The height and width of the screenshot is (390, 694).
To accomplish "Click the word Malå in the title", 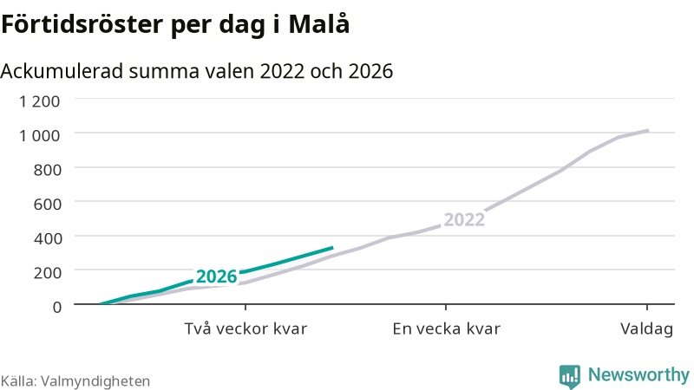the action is (x=318, y=23).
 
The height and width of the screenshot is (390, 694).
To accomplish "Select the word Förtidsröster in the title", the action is (x=82, y=24).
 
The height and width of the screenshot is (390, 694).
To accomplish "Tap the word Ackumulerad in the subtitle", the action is (x=62, y=71).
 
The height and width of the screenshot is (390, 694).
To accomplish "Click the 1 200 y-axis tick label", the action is (x=39, y=101).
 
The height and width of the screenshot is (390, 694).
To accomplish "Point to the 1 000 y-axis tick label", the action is (x=39, y=135).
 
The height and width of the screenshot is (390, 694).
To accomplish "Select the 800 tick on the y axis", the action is (x=48, y=169).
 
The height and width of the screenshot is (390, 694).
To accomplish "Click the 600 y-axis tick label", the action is (x=48, y=204).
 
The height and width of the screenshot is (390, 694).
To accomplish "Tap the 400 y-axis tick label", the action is (x=48, y=238).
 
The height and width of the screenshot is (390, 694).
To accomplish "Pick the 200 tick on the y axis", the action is (x=48, y=272).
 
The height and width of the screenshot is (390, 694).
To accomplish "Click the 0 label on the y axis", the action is (x=57, y=307).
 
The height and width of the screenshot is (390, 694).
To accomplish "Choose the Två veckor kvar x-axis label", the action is (x=246, y=329).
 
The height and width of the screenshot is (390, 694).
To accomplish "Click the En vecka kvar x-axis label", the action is (x=446, y=329).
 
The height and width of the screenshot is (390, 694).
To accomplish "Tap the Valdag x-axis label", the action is (x=646, y=329).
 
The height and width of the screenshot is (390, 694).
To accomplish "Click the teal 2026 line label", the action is (x=216, y=276).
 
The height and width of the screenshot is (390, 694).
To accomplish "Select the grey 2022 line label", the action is (x=464, y=220).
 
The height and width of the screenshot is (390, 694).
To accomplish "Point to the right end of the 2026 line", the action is (x=332, y=248).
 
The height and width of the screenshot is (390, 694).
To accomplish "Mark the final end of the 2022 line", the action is (x=647, y=131).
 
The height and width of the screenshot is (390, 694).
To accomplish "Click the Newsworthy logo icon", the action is (x=570, y=377).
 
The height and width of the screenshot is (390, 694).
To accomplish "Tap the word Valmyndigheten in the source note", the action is (x=95, y=381).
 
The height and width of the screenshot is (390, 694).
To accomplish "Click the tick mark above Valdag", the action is (x=647, y=308).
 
